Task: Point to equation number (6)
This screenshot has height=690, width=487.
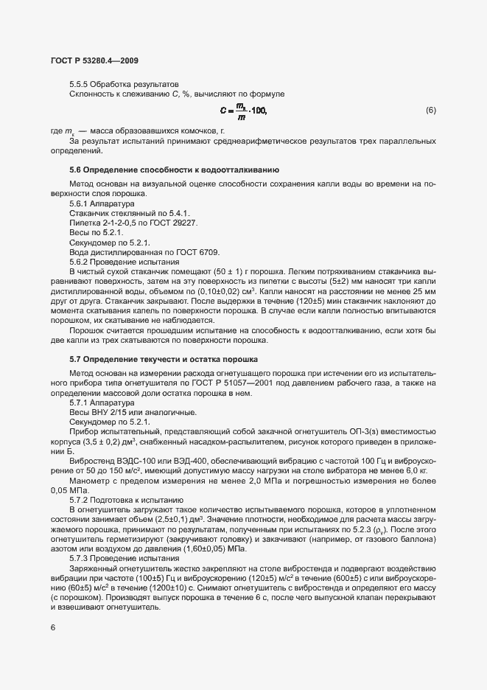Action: (x=431, y=111)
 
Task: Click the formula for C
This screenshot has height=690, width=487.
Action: (x=244, y=111)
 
